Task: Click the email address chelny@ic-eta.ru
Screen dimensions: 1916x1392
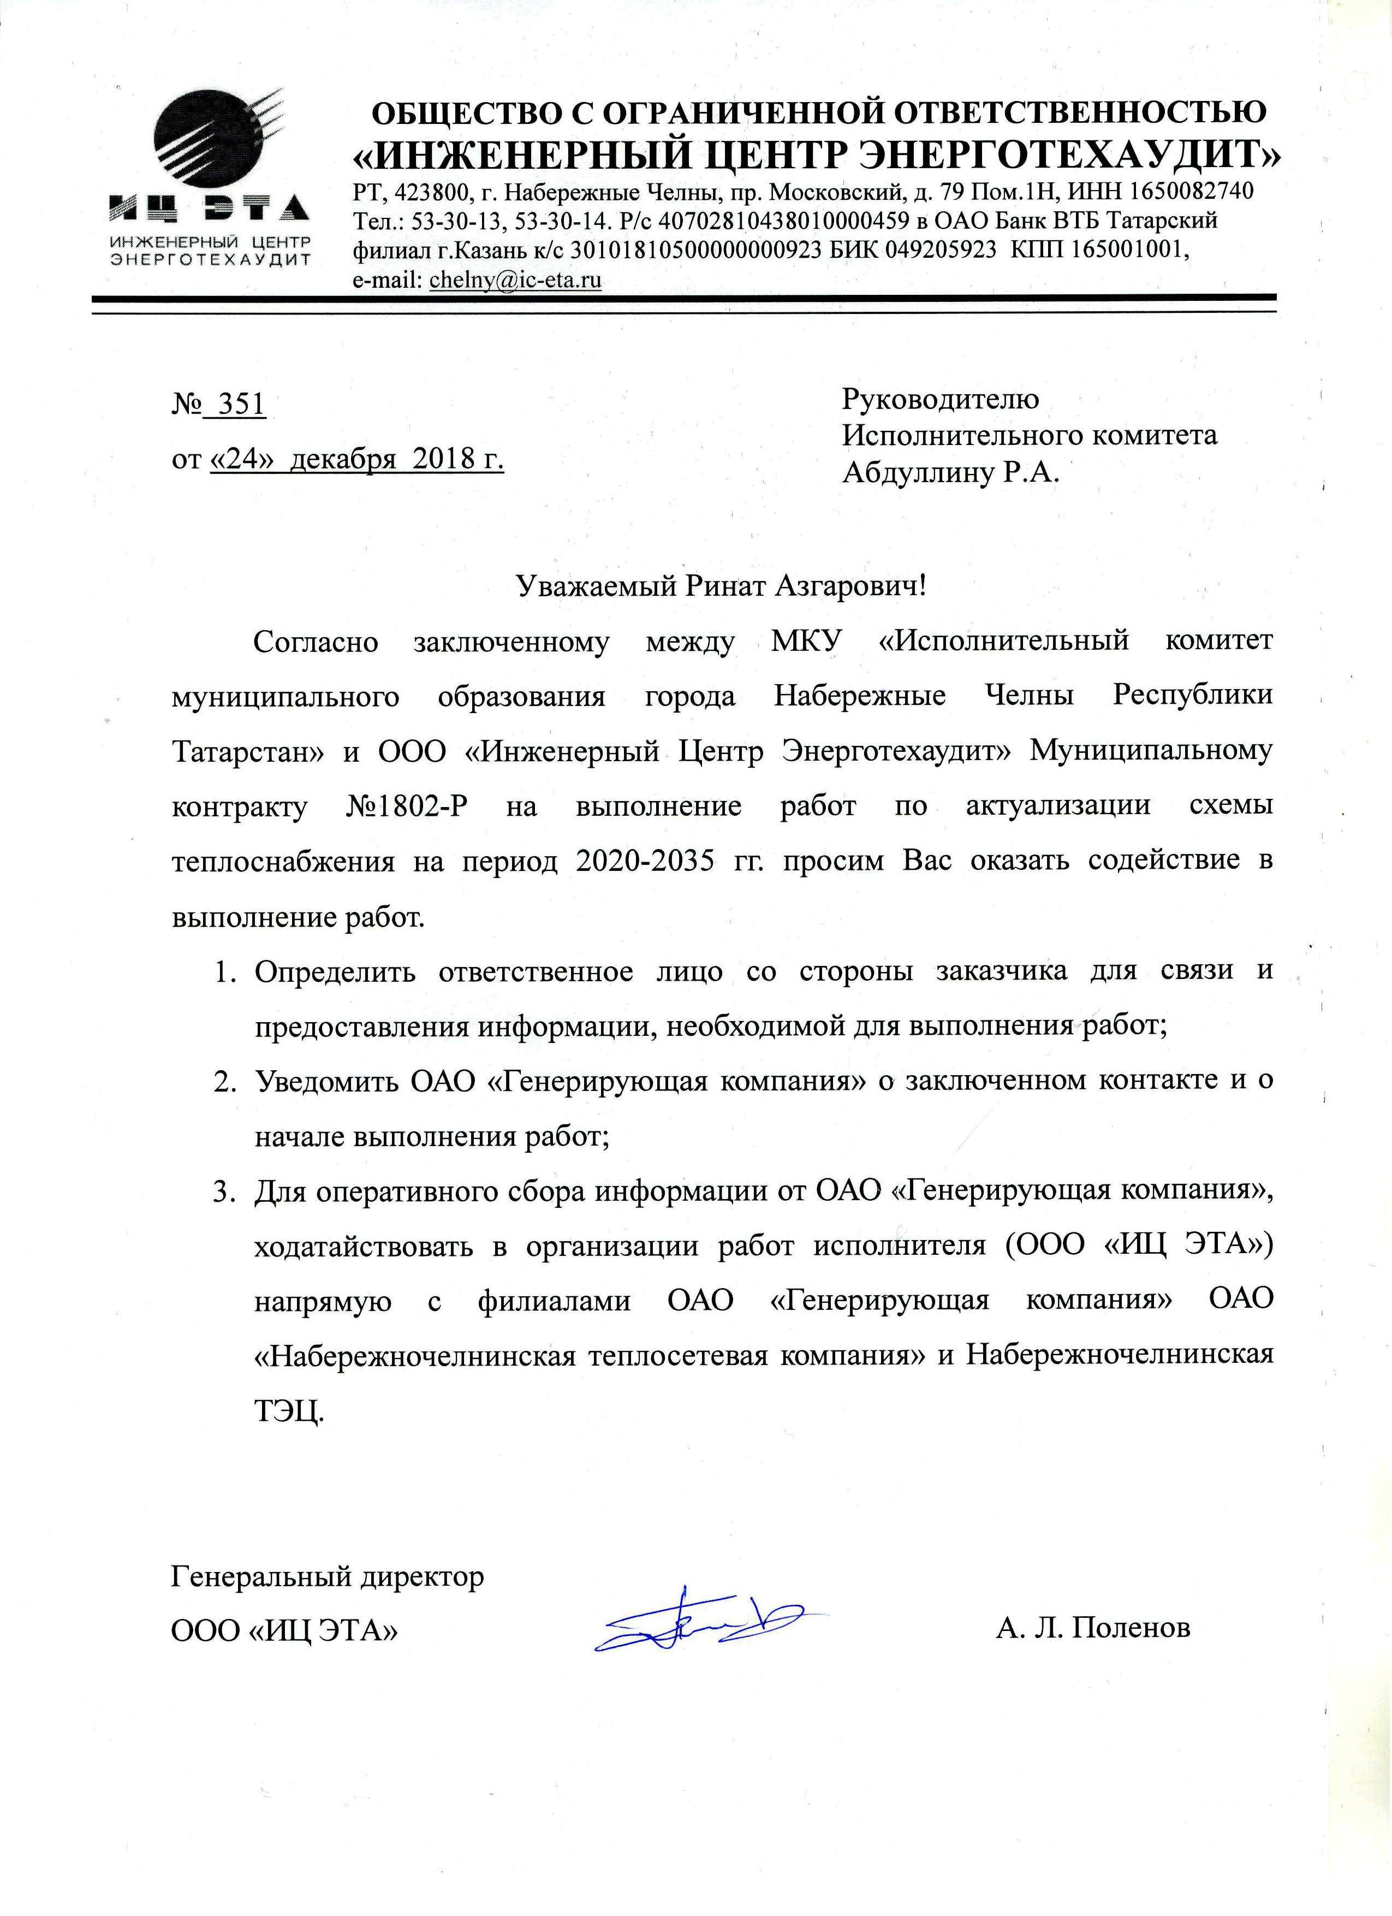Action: tap(515, 280)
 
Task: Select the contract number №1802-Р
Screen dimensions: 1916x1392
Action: tap(406, 806)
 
